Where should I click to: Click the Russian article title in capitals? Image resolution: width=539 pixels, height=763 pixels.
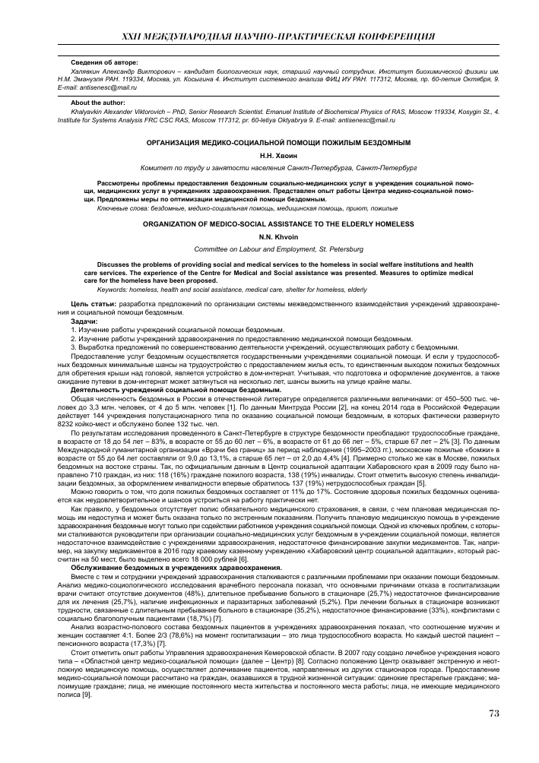(x=269, y=143)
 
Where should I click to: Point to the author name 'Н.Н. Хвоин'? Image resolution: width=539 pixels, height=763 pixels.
(x=269, y=154)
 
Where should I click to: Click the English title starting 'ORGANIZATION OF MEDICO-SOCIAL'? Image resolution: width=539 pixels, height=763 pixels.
(x=269, y=225)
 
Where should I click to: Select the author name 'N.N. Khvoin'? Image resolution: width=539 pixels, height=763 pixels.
(x=269, y=236)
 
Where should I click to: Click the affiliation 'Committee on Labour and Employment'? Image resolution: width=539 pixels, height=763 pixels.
(x=269, y=249)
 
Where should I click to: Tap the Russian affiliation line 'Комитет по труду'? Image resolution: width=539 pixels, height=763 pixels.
(x=269, y=166)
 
